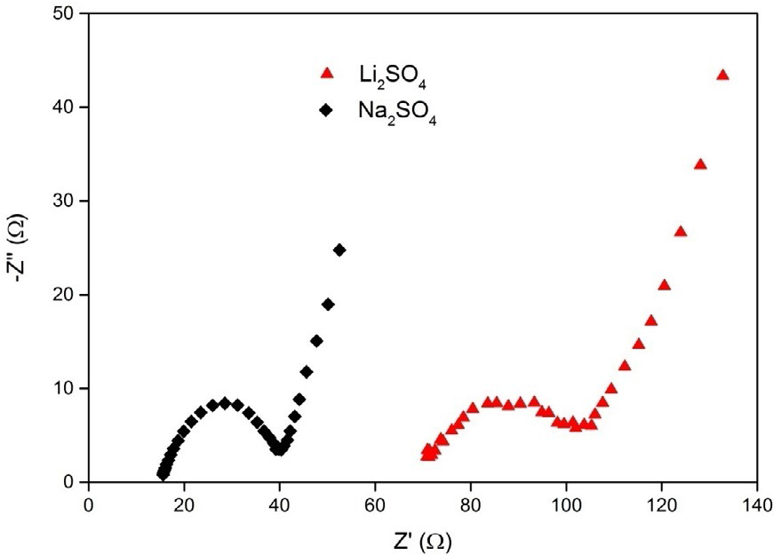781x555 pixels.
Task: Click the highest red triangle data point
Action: click(x=722, y=75)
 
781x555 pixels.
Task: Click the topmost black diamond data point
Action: click(x=339, y=250)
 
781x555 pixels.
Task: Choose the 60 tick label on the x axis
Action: click(x=375, y=502)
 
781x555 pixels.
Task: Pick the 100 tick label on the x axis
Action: click(x=566, y=502)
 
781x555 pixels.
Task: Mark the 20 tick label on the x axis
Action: click(x=184, y=502)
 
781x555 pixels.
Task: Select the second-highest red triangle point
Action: click(x=700, y=164)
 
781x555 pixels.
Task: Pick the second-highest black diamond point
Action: click(x=328, y=304)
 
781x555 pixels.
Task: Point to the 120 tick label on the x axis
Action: click(x=661, y=502)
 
